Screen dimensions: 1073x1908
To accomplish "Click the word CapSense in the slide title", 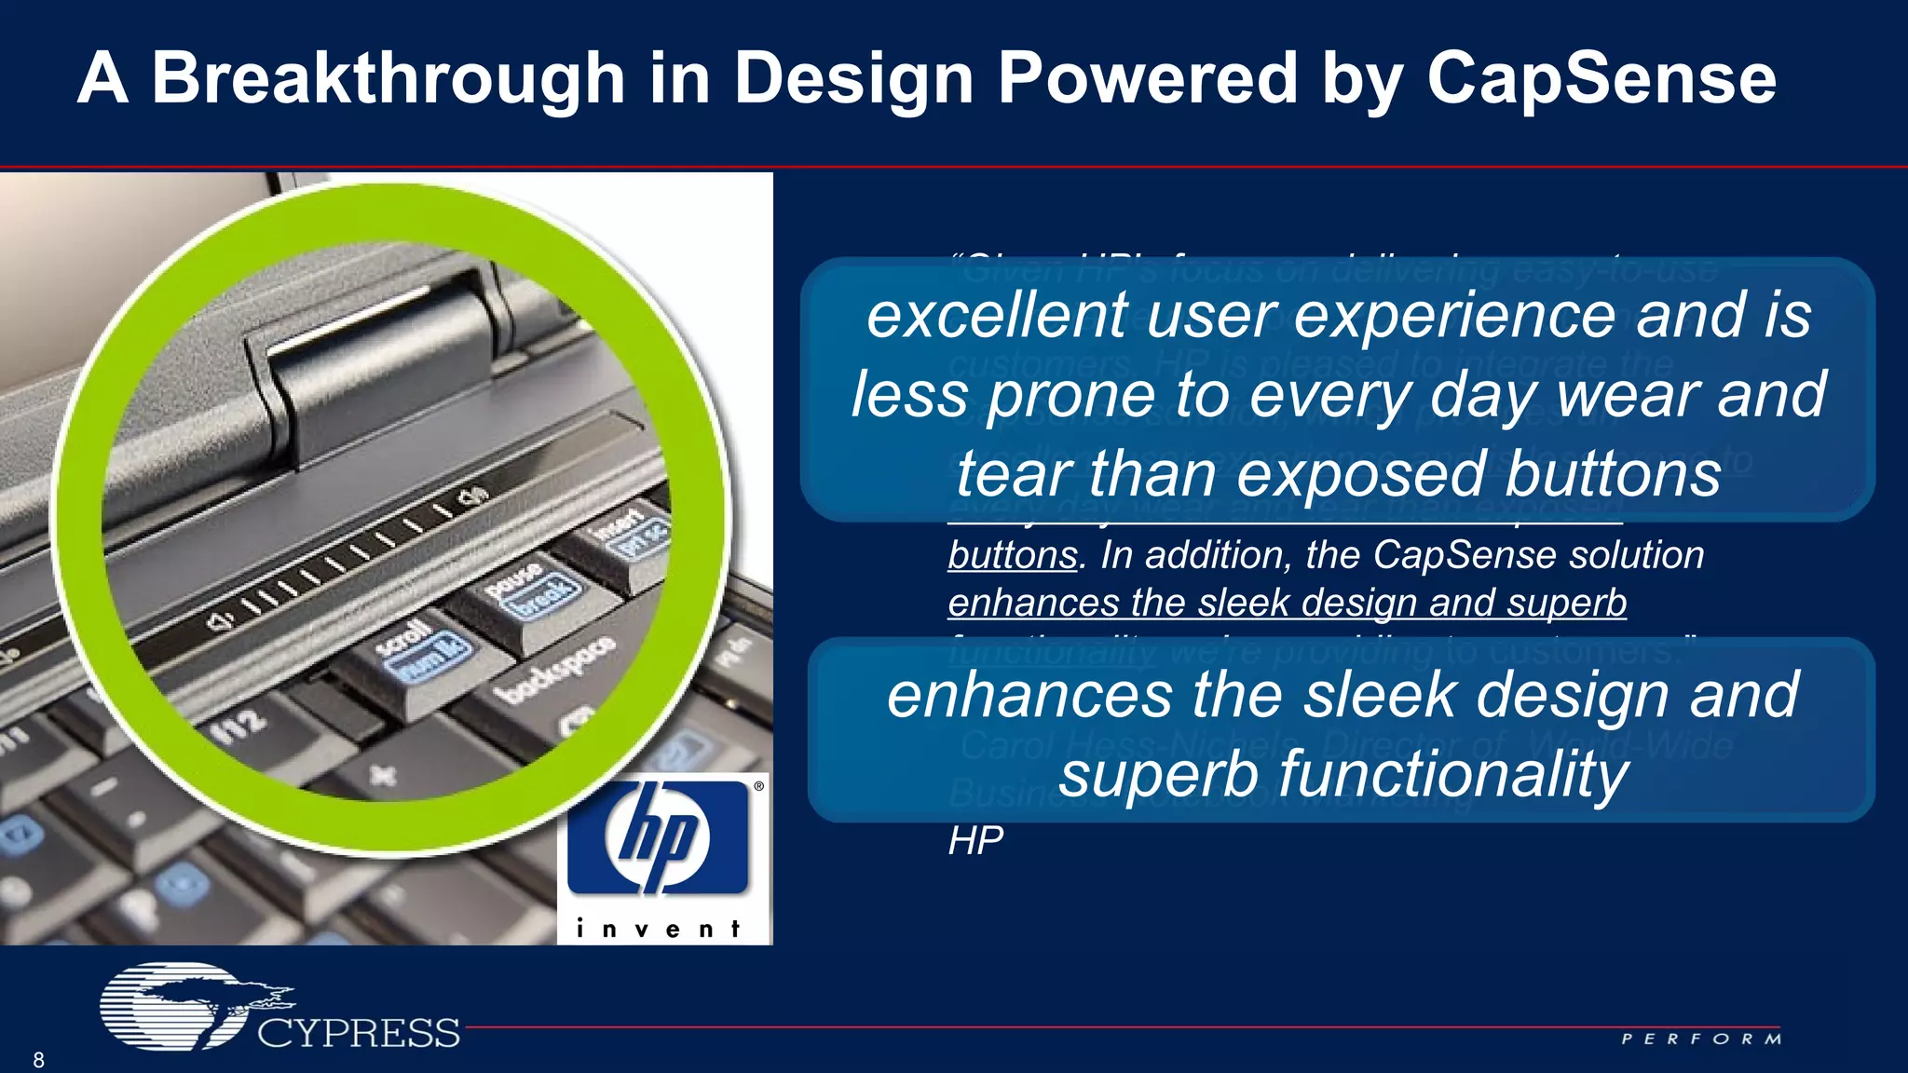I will (1601, 78).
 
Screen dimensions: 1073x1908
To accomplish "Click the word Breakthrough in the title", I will (388, 78).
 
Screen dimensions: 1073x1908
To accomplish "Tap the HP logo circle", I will (658, 835).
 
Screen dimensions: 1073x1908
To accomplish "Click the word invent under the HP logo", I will (658, 929).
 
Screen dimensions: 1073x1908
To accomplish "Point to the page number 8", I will (38, 1059).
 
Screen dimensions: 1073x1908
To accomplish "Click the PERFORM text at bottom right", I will (1701, 1039).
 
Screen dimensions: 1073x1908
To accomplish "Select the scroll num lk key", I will (424, 652).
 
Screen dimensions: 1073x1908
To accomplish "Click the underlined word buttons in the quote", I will (1013, 555).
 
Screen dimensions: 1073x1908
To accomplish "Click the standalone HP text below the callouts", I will (975, 841).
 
